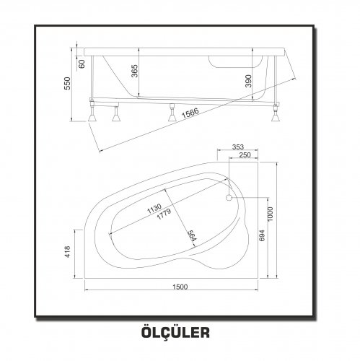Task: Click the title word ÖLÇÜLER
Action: (175, 331)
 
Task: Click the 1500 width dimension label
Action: (180, 287)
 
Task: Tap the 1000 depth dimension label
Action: (271, 214)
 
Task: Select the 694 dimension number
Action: (262, 235)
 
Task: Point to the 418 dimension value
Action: (68, 251)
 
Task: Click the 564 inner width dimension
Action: (192, 235)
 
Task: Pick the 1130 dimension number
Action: (154, 209)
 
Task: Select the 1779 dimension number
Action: (164, 214)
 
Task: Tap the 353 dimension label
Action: (238, 147)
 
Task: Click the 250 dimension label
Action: (245, 155)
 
